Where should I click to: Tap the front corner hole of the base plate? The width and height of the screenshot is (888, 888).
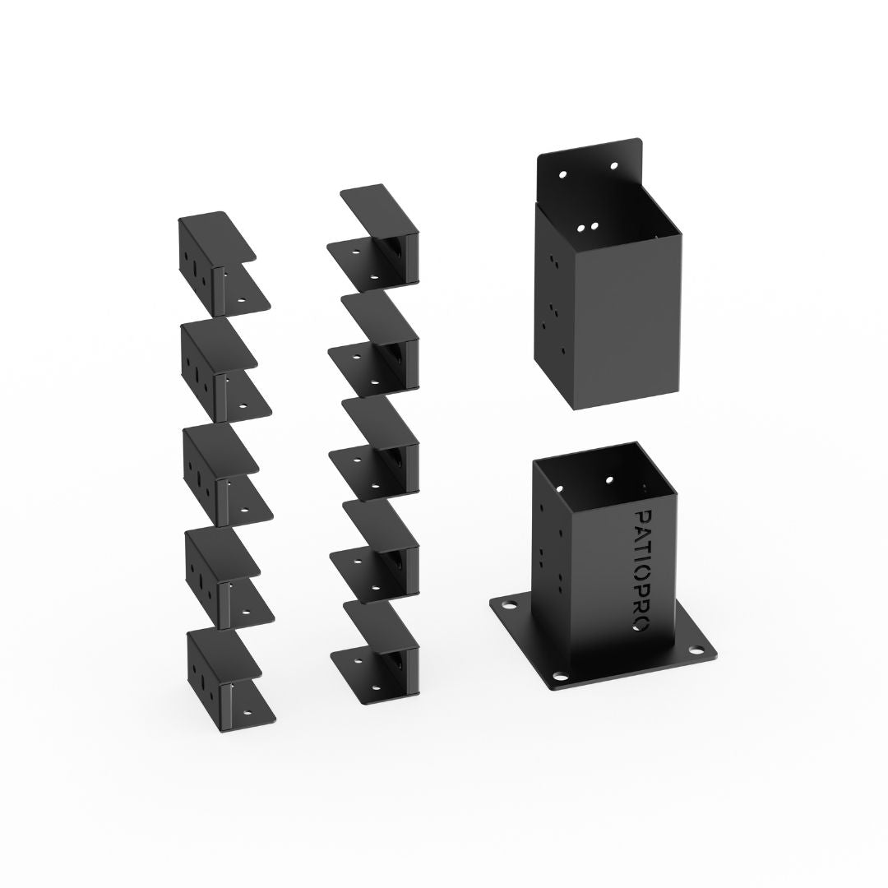coord(560,676)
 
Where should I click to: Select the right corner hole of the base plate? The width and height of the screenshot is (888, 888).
coord(696,650)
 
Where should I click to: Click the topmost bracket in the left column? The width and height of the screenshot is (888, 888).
coord(224,264)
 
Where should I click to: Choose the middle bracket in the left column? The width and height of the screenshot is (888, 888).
coord(228,475)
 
